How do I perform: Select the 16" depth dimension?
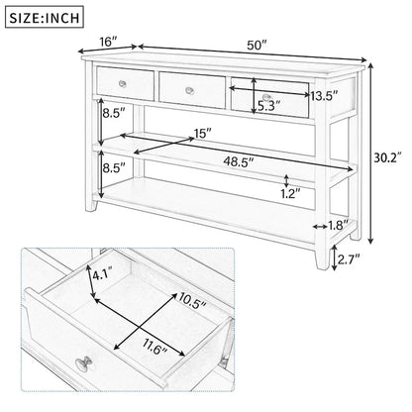click(x=108, y=43)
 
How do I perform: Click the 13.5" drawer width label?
click(x=322, y=96)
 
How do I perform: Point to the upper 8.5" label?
click(x=112, y=114)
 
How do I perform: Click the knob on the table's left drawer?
click(x=124, y=79)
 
